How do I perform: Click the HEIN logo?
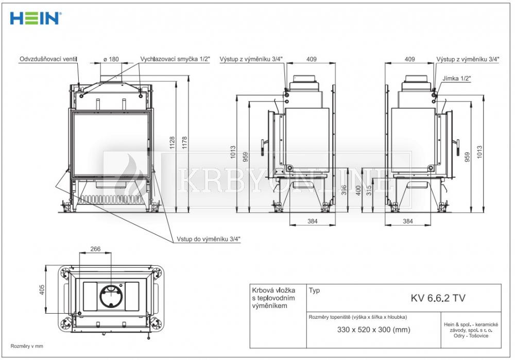point(36,19)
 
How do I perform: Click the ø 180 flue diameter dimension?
point(111,59)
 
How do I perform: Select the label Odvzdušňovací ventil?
point(48,59)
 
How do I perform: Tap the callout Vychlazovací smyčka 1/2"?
point(175,59)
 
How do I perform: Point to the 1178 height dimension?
point(184,143)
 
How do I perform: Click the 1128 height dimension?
point(172,143)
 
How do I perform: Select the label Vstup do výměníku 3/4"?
point(209,239)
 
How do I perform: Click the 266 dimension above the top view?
point(95,249)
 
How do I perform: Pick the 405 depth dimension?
point(42,290)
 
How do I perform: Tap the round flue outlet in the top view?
point(111,296)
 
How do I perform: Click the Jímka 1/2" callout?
point(456,78)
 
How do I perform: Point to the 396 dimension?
point(344,191)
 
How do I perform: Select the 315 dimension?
point(369,191)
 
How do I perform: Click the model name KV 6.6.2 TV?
point(438,298)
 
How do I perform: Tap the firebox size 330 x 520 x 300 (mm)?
point(374,330)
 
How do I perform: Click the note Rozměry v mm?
point(27,346)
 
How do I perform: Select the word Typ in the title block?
point(314,290)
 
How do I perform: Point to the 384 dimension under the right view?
point(407,221)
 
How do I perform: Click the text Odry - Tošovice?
point(471,336)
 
